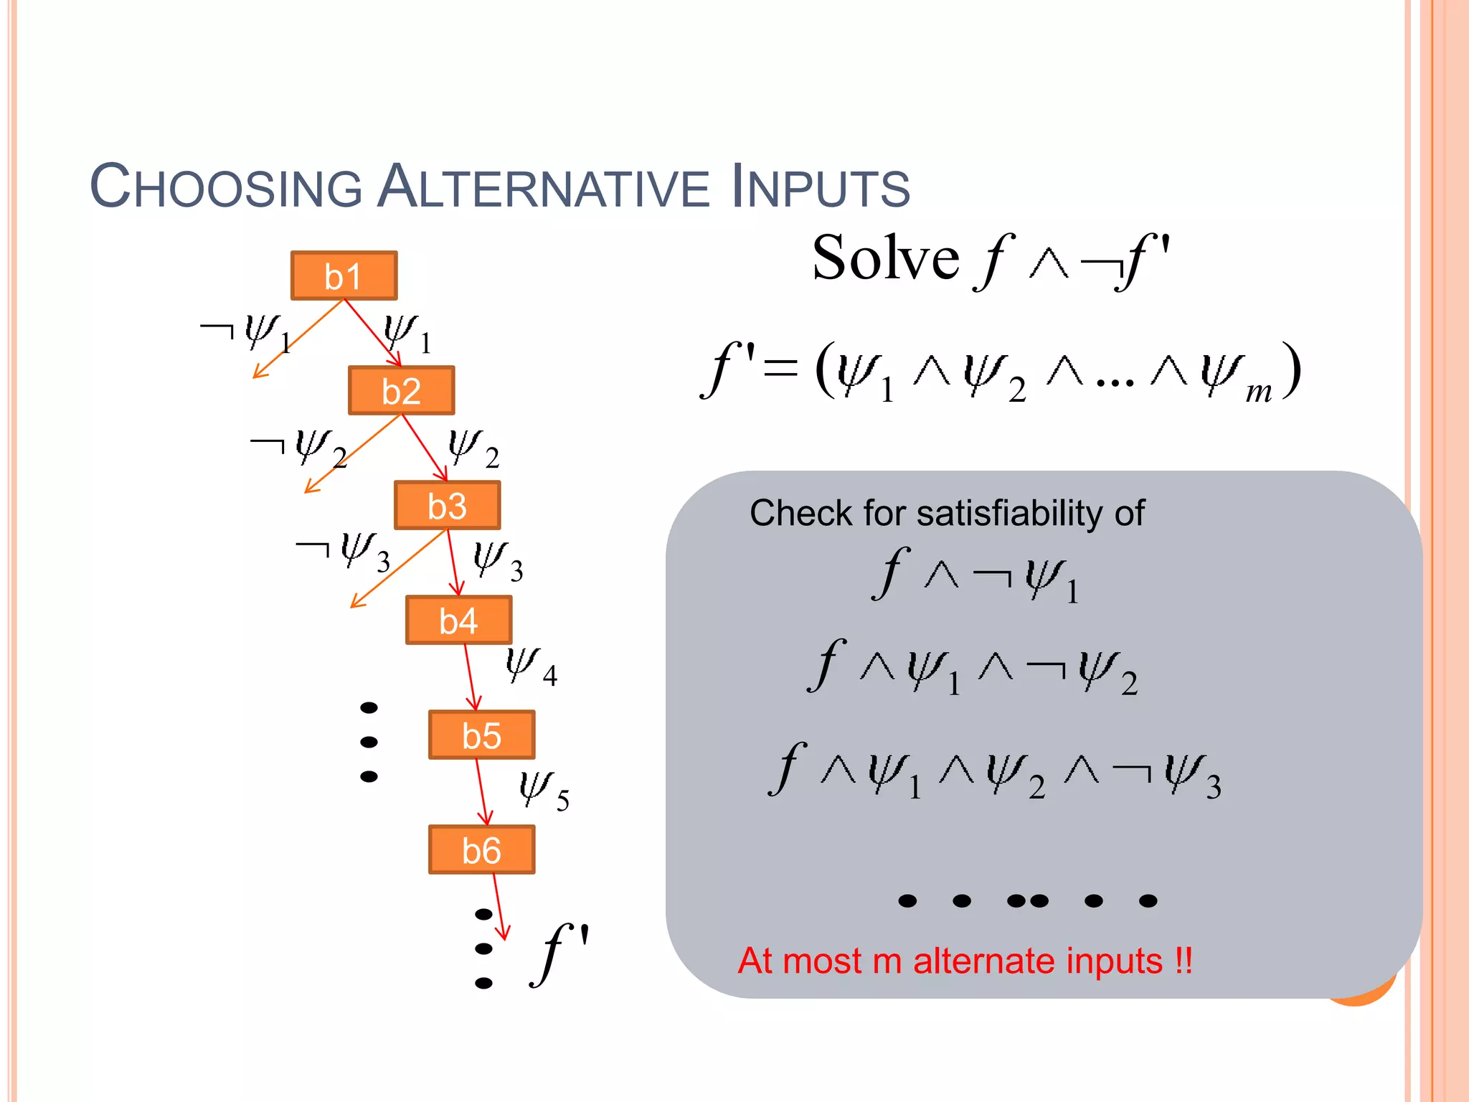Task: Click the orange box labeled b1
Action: (344, 275)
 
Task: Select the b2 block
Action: (401, 390)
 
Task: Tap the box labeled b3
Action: (447, 505)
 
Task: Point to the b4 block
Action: (458, 620)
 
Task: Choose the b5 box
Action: (481, 735)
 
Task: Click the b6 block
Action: (481, 849)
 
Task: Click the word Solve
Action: (885, 258)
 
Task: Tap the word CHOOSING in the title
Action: (225, 187)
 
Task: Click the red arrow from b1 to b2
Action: (372, 333)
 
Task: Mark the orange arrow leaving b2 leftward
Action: (351, 453)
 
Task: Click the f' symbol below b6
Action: (559, 954)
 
